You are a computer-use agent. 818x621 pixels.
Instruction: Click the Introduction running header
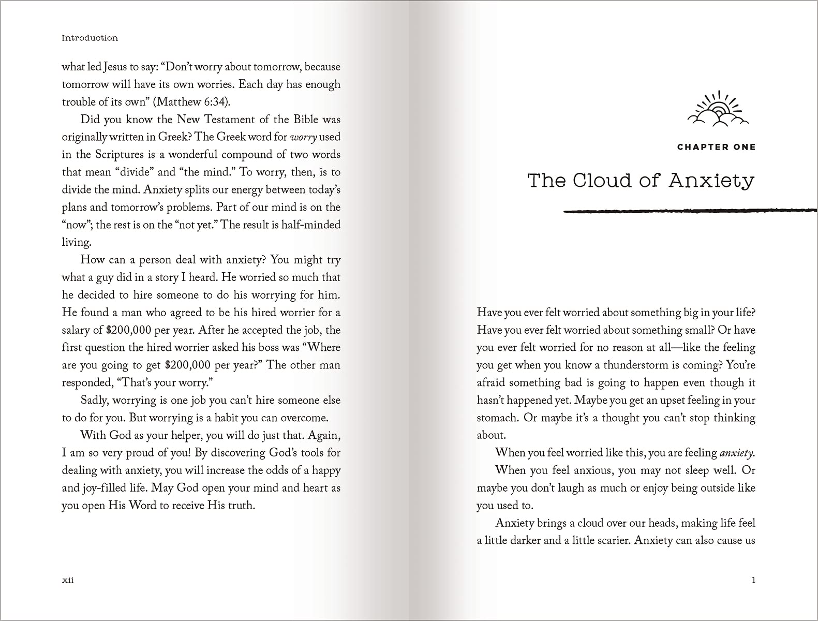pyautogui.click(x=90, y=38)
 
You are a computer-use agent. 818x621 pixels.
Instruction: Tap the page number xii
pyautogui.click(x=68, y=580)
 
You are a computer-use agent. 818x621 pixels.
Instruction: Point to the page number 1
pyautogui.click(x=753, y=580)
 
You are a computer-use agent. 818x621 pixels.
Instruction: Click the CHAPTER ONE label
pyautogui.click(x=716, y=147)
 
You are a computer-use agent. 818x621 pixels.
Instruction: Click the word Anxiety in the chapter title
pyautogui.click(x=711, y=181)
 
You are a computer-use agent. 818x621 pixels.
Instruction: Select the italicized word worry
pyautogui.click(x=303, y=137)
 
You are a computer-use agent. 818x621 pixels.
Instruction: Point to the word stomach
pyautogui.click(x=497, y=418)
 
